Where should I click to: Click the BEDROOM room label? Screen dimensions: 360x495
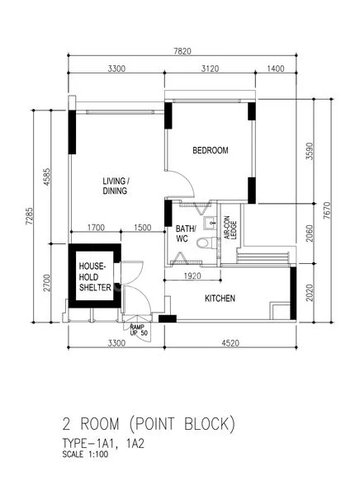point(211,150)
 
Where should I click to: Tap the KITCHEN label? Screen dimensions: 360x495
point(220,299)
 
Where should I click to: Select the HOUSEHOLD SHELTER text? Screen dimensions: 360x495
point(95,277)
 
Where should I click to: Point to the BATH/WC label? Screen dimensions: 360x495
point(186,233)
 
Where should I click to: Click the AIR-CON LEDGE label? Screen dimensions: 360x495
point(230,228)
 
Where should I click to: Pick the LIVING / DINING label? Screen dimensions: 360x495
point(116,186)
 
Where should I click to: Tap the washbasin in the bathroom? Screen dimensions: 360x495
point(211,222)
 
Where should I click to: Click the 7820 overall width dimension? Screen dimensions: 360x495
point(182,51)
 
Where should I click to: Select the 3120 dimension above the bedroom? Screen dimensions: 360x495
point(211,68)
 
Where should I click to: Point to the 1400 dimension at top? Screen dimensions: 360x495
point(276,68)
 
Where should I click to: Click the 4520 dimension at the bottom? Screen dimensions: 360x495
point(230,343)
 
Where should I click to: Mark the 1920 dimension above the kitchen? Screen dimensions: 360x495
point(192,276)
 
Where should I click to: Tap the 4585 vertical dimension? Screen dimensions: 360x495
point(46,177)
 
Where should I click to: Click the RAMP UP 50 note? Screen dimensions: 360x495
point(139,330)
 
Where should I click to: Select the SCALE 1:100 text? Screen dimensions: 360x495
point(85,455)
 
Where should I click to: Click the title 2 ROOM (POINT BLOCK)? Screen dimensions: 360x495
point(149,424)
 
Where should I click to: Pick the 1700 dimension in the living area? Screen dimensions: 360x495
point(96,228)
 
